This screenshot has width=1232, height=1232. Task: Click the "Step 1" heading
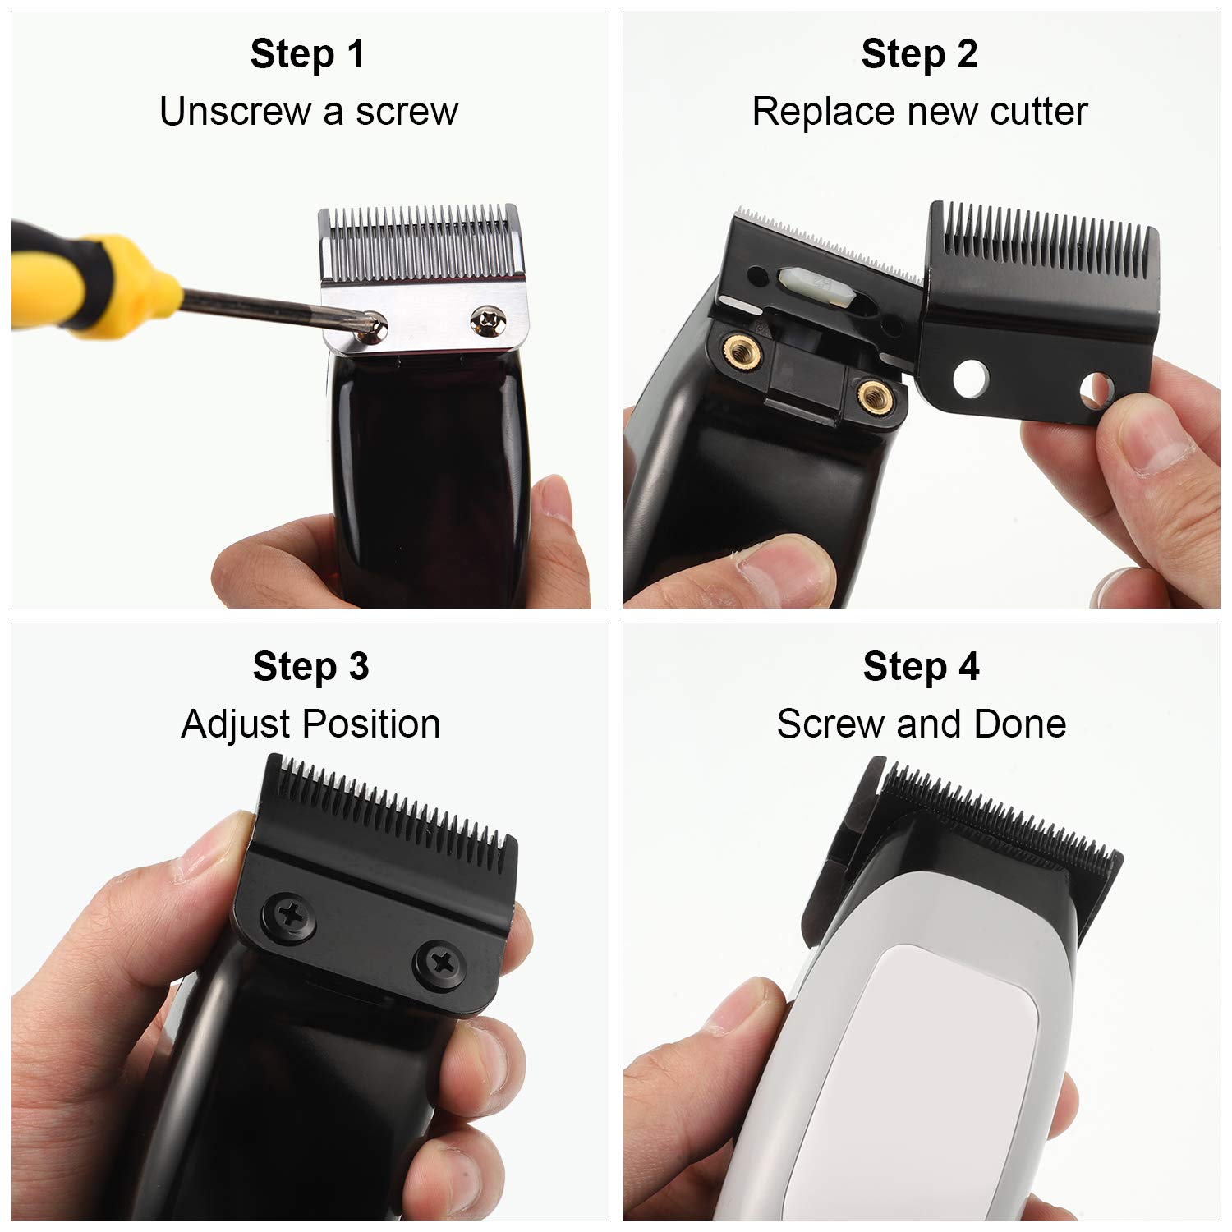[x=307, y=54]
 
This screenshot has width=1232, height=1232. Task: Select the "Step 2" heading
[x=919, y=54]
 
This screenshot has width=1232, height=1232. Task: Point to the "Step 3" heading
[x=310, y=666]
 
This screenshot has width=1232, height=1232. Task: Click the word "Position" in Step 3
[x=370, y=724]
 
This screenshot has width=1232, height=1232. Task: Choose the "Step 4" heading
[x=921, y=666]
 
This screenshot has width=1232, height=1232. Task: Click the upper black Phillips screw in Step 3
[x=287, y=911]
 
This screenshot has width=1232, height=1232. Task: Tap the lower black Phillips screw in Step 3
[x=437, y=962]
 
